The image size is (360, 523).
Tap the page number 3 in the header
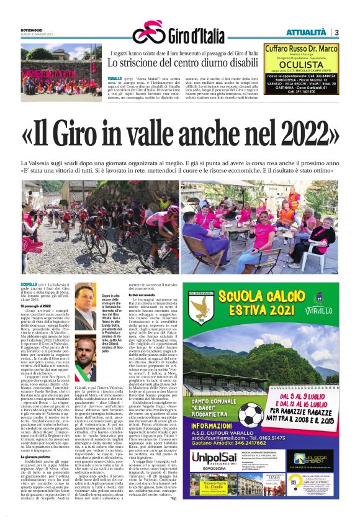335,32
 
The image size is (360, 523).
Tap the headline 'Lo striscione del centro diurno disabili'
182,63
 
